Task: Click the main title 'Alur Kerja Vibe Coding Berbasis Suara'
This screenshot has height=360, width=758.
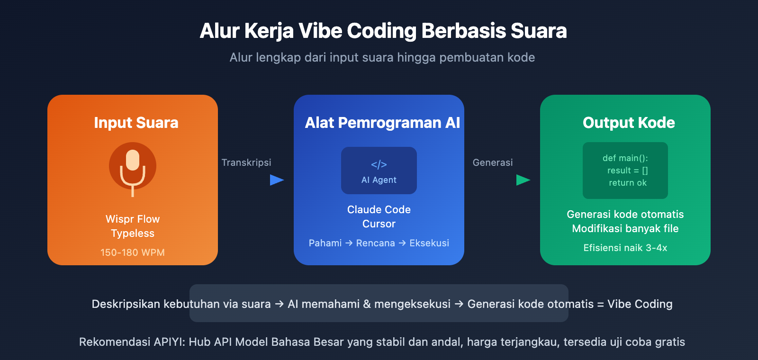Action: pos(383,31)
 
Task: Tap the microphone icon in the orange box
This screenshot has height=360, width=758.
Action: pos(133,168)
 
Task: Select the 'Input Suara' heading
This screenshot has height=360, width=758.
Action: pos(136,123)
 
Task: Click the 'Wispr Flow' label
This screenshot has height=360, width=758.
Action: pos(133,219)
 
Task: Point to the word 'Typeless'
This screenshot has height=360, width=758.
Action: pos(133,234)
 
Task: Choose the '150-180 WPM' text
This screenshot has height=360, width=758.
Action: pos(133,252)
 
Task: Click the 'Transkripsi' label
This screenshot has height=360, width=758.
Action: pos(246,162)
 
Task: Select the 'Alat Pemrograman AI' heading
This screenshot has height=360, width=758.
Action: pos(382,123)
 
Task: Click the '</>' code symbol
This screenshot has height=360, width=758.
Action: pos(379,164)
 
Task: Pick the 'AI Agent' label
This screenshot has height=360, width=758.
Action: pos(379,180)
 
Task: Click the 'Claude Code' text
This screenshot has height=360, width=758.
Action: pos(379,210)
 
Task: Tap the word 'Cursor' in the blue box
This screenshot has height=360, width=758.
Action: pos(379,224)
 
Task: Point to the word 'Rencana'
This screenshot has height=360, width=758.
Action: pos(375,243)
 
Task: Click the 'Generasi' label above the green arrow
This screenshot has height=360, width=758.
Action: pos(493,162)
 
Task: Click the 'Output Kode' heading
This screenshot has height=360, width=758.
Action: pos(629,123)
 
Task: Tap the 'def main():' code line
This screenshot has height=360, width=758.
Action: pos(625,158)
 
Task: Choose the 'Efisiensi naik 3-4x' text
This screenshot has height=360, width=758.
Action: pos(625,248)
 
